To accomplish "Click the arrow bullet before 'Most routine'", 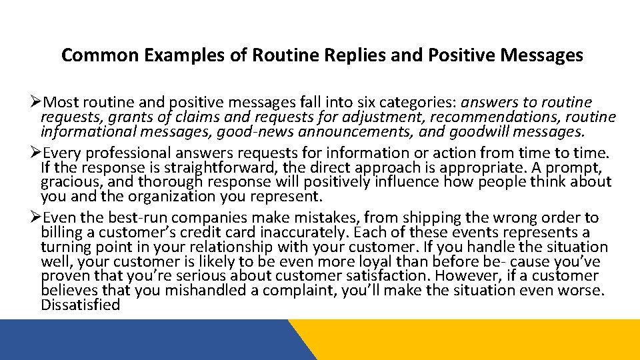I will [37, 103].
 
